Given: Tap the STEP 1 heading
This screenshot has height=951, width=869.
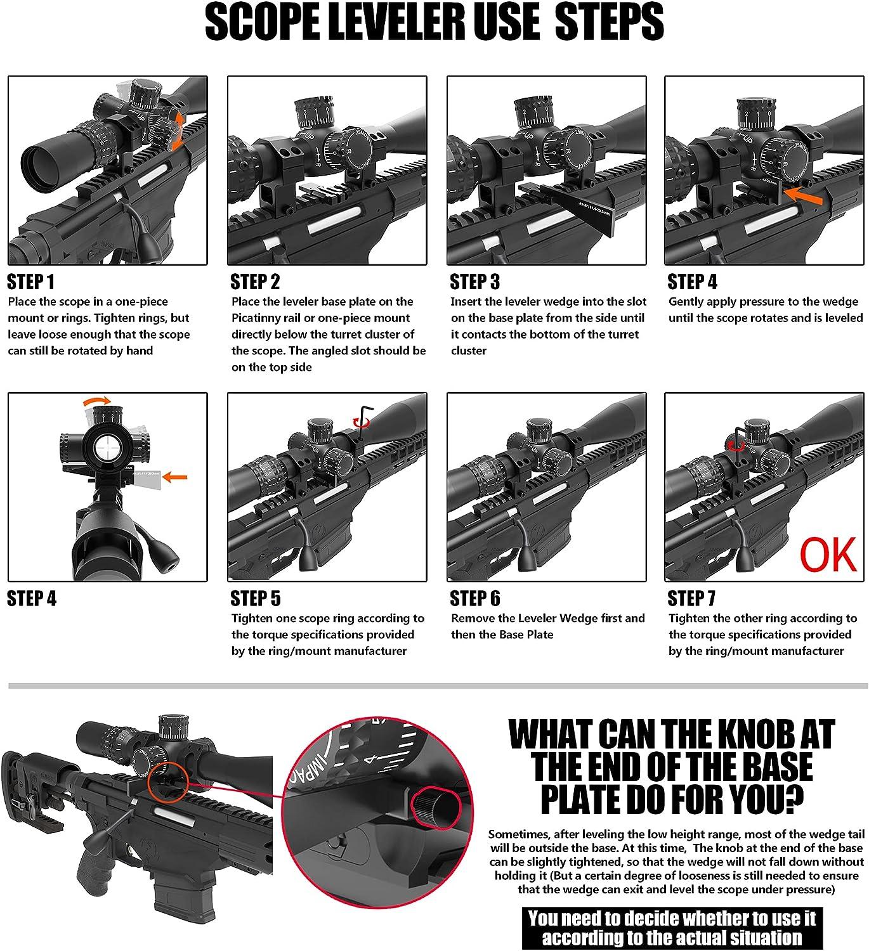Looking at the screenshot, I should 31,281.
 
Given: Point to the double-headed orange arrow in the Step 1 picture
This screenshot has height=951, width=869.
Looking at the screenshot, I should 178,131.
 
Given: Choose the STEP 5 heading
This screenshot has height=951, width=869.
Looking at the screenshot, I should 255,598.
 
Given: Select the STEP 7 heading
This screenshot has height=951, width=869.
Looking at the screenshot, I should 692,598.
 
